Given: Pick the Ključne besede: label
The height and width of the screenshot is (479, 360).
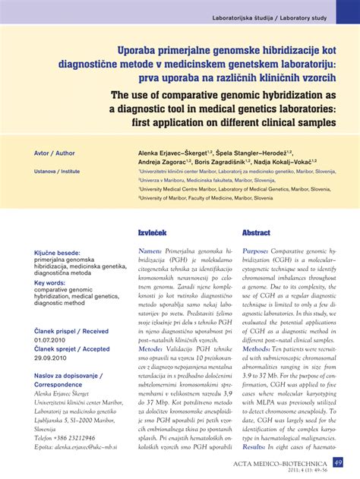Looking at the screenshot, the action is (x=57, y=252).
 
